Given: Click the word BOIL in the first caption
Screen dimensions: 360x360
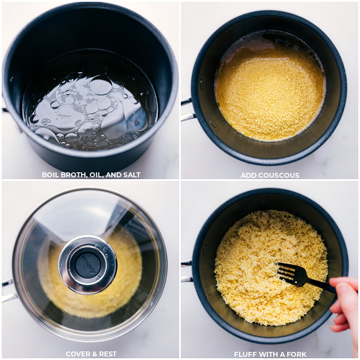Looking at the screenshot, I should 50,175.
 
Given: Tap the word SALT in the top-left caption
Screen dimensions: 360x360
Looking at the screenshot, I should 131,175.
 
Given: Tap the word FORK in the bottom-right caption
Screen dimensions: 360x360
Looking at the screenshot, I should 297,355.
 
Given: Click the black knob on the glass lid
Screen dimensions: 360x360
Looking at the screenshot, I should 88,264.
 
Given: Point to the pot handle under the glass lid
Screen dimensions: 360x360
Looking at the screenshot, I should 8,290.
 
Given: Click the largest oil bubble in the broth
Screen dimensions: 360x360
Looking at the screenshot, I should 101,86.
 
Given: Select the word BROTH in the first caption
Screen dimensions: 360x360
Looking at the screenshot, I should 74,175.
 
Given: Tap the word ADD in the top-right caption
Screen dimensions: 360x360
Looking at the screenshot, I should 249,175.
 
